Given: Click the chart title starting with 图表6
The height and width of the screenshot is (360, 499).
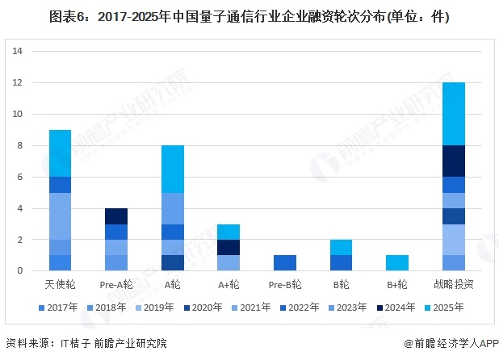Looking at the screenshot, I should pyautogui.click(x=249, y=16).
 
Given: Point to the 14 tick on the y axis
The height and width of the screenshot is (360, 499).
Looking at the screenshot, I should pyautogui.click(x=17, y=52).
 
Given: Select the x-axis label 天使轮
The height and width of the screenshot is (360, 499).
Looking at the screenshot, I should pyautogui.click(x=60, y=285).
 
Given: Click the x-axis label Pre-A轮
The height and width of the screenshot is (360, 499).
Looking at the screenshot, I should pyautogui.click(x=115, y=285).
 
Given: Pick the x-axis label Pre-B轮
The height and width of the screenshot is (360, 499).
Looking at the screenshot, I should pyautogui.click(x=285, y=285).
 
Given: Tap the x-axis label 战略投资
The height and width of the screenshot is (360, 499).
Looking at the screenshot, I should pyautogui.click(x=454, y=285).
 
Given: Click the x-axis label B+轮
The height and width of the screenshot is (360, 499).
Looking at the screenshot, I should pyautogui.click(x=398, y=285).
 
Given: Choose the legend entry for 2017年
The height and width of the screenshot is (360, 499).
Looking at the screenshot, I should pyautogui.click(x=57, y=308).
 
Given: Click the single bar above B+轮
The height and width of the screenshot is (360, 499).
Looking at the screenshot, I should pyautogui.click(x=398, y=263).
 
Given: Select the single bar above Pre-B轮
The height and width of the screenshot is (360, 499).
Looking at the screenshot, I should pyautogui.click(x=285, y=263).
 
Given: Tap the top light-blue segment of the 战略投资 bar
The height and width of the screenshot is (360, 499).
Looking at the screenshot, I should pyautogui.click(x=454, y=114).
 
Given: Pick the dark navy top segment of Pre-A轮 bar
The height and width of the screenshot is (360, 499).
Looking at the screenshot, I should pyautogui.click(x=116, y=216).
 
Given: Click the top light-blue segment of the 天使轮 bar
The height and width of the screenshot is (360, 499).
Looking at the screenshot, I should pyautogui.click(x=60, y=153).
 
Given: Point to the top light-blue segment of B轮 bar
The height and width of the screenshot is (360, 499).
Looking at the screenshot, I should pyautogui.click(x=342, y=247).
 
